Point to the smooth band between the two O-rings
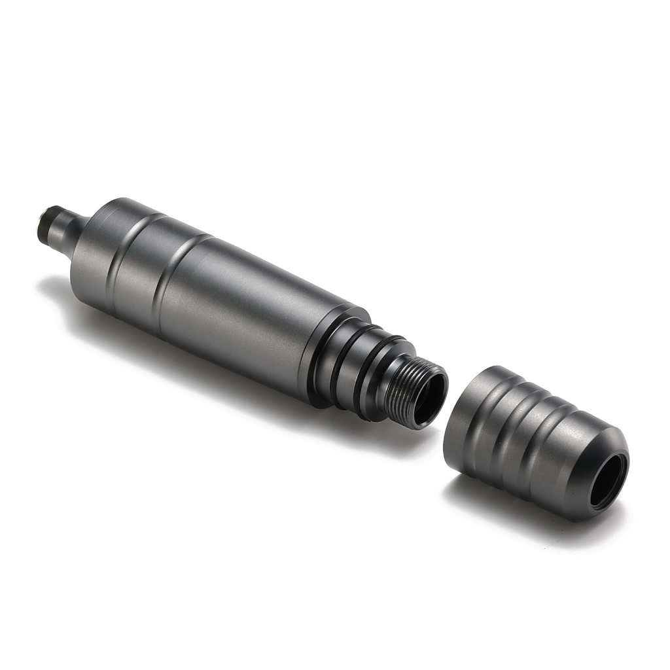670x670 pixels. point(353,370)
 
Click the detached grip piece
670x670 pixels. point(523,438)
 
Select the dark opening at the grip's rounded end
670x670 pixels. point(608,481)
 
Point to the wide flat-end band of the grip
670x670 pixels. point(468,419)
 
